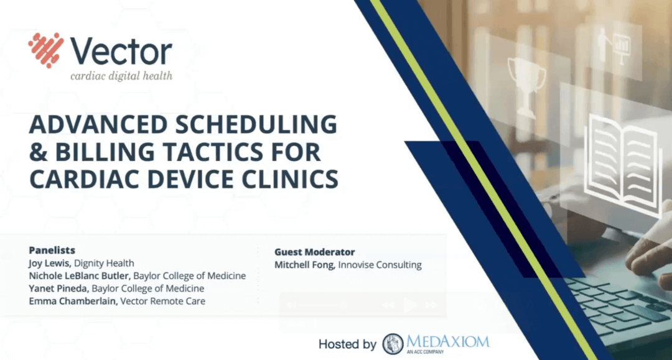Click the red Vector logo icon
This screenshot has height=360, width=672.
[x=45, y=50]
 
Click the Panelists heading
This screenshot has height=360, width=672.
[x=52, y=250]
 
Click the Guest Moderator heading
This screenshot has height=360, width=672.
[x=315, y=252]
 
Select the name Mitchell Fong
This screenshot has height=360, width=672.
[x=304, y=265]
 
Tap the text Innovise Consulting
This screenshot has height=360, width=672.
[x=380, y=265]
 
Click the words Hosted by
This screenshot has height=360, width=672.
[x=347, y=344]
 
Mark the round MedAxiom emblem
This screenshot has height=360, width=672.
[x=393, y=344]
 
